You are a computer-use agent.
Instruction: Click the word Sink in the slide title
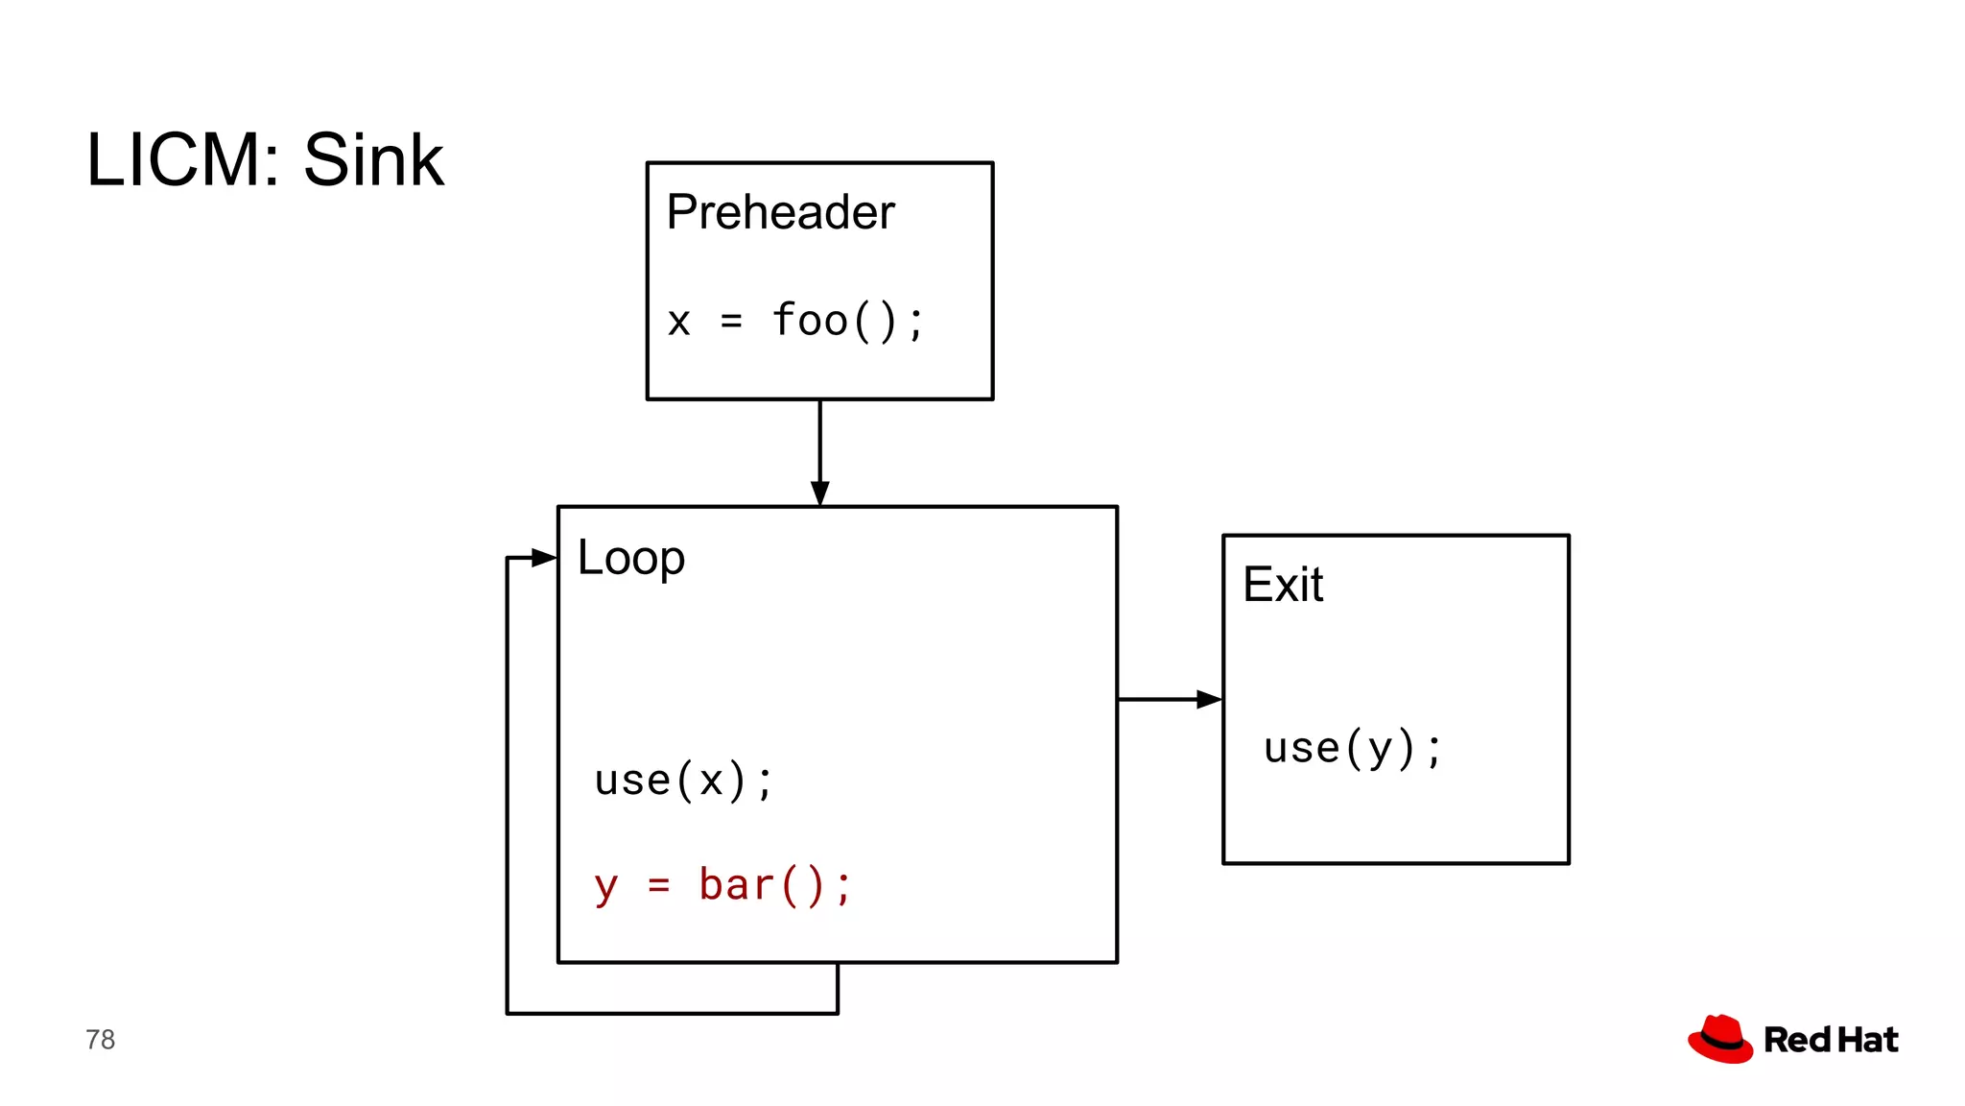(x=373, y=159)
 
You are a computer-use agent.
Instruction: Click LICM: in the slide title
(x=183, y=159)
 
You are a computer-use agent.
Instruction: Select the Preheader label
(x=780, y=212)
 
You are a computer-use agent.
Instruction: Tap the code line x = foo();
(x=795, y=321)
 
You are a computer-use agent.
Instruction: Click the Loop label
(x=630, y=558)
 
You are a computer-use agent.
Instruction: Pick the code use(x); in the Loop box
(x=683, y=780)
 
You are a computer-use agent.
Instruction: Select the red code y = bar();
(x=722, y=885)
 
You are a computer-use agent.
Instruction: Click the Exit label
(x=1282, y=585)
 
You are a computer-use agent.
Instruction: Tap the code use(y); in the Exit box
(x=1352, y=748)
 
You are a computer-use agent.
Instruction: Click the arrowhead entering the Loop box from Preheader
(x=819, y=493)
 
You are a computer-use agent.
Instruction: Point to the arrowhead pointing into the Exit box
(x=1209, y=700)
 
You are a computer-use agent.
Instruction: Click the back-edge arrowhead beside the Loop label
(x=544, y=558)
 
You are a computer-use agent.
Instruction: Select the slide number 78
(x=100, y=1040)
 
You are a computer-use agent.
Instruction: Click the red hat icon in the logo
(x=1720, y=1039)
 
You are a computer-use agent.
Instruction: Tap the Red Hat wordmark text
(x=1831, y=1040)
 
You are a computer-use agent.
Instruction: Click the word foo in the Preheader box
(x=811, y=320)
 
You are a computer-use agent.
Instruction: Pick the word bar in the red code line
(x=736, y=885)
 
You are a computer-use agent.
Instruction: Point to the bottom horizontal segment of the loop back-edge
(x=672, y=1013)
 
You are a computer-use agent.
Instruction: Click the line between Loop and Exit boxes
(x=1157, y=700)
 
